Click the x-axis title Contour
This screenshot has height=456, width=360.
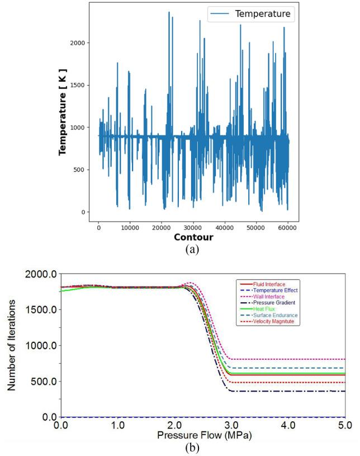pyautogui.click(x=193, y=238)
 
